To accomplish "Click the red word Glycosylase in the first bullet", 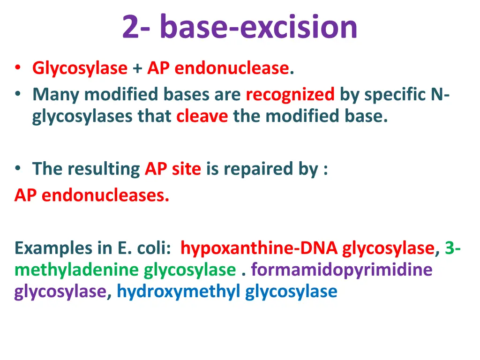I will tap(80, 68).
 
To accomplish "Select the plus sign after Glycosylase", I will tap(137, 69).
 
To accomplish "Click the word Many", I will tap(56, 95).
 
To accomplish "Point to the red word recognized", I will tap(290, 95).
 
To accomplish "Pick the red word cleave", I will tap(202, 116).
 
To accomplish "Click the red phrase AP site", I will tap(172, 169).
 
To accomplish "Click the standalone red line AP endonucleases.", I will tap(92, 195).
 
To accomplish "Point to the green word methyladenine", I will tap(77, 270).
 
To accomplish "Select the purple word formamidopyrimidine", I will tap(341, 270).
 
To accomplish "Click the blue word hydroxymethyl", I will tap(179, 292).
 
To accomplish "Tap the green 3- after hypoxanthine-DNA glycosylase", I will tap(452, 247).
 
